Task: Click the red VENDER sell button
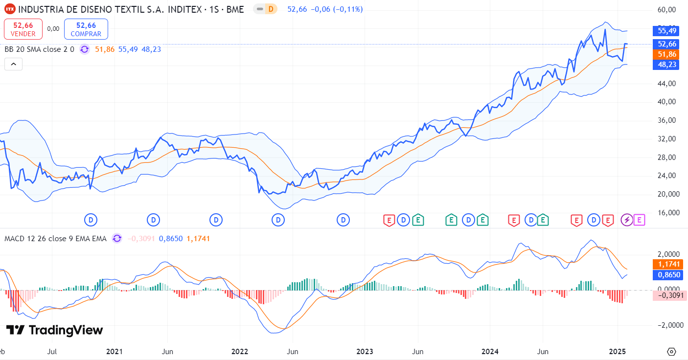tap(23, 29)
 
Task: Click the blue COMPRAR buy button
tap(86, 29)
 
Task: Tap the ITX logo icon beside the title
tap(9, 9)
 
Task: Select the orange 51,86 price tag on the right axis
tap(667, 54)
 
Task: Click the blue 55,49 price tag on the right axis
tap(667, 31)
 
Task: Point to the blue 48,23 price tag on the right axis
tap(667, 65)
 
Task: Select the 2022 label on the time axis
tap(239, 352)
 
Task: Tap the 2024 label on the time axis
tap(490, 352)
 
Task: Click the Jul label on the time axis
tap(52, 352)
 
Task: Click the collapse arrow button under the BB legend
tap(13, 64)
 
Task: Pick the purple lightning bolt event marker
tap(627, 220)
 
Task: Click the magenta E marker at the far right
tap(639, 220)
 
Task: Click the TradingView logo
tap(54, 330)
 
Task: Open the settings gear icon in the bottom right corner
tap(671, 352)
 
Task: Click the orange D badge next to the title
tap(271, 9)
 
